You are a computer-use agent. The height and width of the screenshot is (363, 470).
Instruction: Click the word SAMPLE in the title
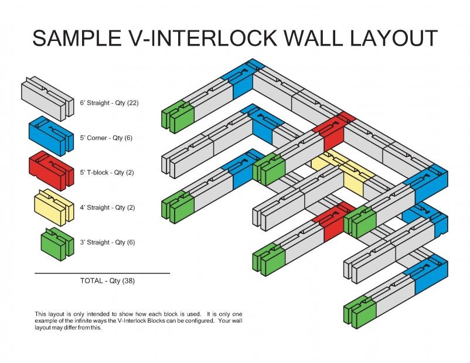77,38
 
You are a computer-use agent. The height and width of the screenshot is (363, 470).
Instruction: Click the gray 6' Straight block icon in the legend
47,99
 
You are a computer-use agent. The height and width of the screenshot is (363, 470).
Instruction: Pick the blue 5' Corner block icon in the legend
51,136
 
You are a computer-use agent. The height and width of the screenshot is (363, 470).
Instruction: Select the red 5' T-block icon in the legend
51,171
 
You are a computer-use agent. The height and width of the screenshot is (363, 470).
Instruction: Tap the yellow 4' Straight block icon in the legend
54,207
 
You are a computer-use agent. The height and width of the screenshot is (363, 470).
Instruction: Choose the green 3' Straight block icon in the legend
57,244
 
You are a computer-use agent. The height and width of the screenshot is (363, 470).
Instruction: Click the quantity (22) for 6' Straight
133,102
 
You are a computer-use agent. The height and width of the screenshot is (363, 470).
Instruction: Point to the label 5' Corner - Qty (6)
106,138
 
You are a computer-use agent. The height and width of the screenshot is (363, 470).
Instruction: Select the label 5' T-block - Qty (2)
107,173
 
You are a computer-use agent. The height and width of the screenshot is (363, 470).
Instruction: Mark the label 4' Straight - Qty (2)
107,207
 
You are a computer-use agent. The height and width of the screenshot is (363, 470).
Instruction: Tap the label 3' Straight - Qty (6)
107,242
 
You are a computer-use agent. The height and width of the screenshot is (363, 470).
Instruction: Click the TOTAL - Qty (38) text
107,280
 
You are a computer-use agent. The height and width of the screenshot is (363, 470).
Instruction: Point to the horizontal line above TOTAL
102,273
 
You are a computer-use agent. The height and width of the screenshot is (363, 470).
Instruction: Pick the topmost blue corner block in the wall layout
243,78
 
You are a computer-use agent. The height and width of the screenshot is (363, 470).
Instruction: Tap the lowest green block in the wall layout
360,311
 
